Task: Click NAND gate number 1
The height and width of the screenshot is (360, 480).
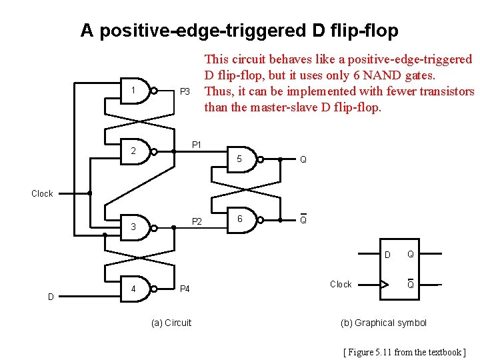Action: pyautogui.click(x=137, y=91)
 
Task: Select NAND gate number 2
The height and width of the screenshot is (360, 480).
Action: pyautogui.click(x=137, y=151)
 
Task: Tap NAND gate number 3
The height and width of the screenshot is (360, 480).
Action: pyautogui.click(x=137, y=227)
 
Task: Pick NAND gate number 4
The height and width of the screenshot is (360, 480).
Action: pyautogui.click(x=137, y=289)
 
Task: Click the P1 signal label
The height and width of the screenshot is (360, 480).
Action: pyautogui.click(x=197, y=144)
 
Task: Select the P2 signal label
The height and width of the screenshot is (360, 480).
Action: pyautogui.click(x=197, y=221)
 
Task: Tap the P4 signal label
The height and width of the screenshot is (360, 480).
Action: pyautogui.click(x=185, y=289)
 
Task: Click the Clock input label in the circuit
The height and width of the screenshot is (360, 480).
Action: pyautogui.click(x=42, y=193)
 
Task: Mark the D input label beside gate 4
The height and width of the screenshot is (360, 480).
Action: pyautogui.click(x=51, y=296)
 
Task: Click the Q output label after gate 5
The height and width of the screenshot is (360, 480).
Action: pyautogui.click(x=303, y=160)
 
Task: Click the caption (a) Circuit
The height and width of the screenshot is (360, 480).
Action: pyautogui.click(x=171, y=323)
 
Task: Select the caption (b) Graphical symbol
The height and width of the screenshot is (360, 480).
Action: pyautogui.click(x=383, y=323)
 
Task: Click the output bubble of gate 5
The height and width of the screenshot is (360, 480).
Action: pyautogui.click(x=261, y=159)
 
